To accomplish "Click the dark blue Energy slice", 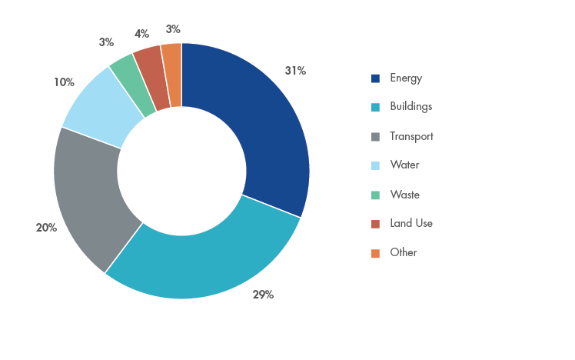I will pyautogui.click(x=261, y=123).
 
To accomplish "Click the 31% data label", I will pyautogui.click(x=295, y=71).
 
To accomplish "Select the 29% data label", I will pyautogui.click(x=263, y=295).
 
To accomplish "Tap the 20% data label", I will pyautogui.click(x=46, y=228).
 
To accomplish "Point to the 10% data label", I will pyautogui.click(x=64, y=82).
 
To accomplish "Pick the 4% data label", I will pyautogui.click(x=141, y=34).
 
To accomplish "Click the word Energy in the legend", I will pyautogui.click(x=406, y=78).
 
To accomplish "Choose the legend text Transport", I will pyautogui.click(x=411, y=137).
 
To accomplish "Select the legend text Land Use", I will pyautogui.click(x=411, y=223).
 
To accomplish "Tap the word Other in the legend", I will pyautogui.click(x=404, y=252).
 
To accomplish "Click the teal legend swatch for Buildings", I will pyautogui.click(x=376, y=108).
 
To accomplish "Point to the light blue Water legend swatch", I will pyautogui.click(x=376, y=165).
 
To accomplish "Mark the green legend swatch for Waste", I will pyautogui.click(x=376, y=195).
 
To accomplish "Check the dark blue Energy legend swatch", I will pyautogui.click(x=376, y=78).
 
